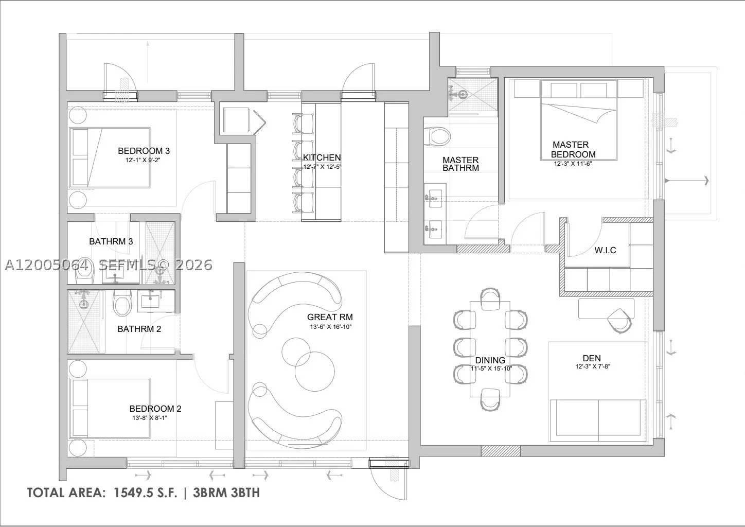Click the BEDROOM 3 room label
(144, 151)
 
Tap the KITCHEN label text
(322, 157)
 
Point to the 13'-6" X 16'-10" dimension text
(331, 327)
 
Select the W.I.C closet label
(605, 250)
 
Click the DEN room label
(592, 358)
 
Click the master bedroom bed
(579, 120)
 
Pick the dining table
(490, 348)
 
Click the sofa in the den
(598, 420)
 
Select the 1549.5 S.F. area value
(145, 493)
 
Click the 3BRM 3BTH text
(226, 493)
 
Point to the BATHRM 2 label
(139, 329)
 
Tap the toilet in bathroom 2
(122, 303)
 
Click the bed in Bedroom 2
(110, 408)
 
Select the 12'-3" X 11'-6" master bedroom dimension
(573, 164)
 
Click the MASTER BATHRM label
(460, 164)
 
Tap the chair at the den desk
(619, 321)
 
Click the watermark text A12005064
(47, 265)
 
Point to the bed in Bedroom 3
(110, 157)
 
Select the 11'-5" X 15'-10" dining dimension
(491, 368)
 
